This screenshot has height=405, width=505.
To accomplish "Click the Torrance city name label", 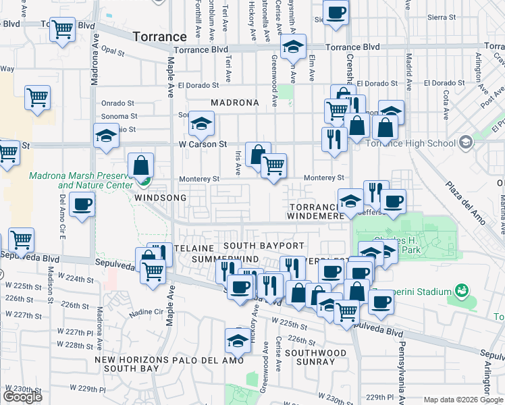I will click(159, 36).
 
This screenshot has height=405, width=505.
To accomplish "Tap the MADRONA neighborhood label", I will click(234, 103).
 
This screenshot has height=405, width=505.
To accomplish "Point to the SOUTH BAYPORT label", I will click(264, 245).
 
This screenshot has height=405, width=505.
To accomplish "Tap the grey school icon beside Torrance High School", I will click(466, 142).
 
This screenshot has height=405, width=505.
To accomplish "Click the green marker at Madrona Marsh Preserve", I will click(143, 180).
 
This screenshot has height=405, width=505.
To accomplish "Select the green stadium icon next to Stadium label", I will click(462, 292).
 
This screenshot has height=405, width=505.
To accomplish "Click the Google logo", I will click(23, 397).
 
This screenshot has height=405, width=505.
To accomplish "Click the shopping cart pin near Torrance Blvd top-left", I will click(63, 29).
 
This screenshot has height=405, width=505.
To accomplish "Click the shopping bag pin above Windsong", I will click(140, 165).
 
